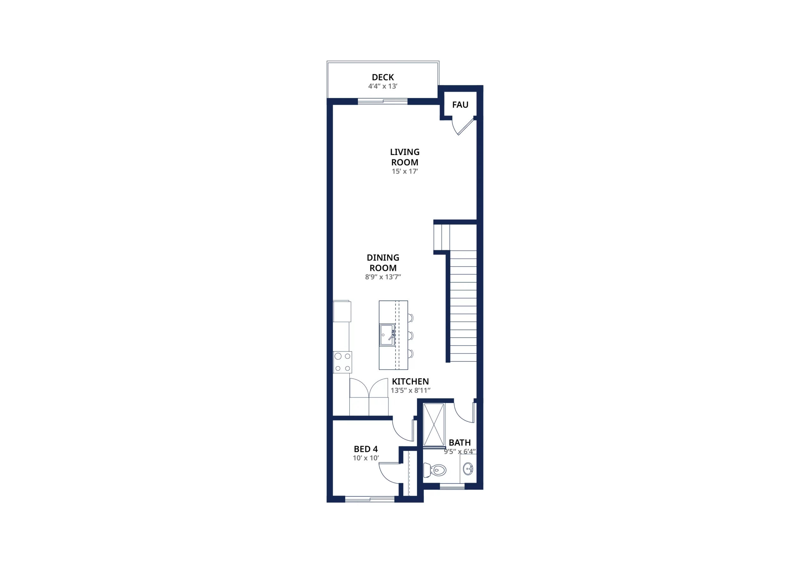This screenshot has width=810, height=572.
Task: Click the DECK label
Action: click(383, 77)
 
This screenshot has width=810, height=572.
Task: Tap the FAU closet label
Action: click(460, 105)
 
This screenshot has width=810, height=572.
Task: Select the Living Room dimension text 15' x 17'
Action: click(405, 171)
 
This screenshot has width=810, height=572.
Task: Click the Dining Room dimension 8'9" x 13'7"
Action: click(383, 277)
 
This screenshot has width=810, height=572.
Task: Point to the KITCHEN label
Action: click(410, 381)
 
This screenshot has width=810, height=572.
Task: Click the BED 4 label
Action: click(365, 449)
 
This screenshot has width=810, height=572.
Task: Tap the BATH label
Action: click(460, 442)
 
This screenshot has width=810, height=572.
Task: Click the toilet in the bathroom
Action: click(435, 470)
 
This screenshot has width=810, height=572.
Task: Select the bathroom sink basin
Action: click(468, 469)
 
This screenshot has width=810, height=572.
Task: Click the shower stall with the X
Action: click(434, 425)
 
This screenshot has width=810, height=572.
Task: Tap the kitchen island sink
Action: click(387, 335)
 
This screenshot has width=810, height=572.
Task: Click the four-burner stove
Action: click(342, 362)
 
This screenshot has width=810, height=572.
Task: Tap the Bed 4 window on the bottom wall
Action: click(369, 499)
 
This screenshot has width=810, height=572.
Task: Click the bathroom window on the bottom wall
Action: click(452, 486)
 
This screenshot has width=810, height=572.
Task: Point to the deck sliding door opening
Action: click(383, 101)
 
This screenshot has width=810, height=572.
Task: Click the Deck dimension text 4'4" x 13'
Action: click(383, 86)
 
